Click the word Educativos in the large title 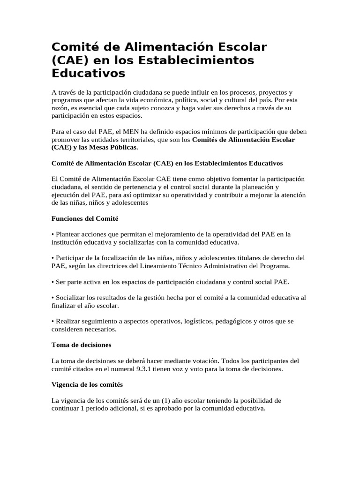click(88, 74)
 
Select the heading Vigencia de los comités click(87, 384)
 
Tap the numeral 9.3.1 click(142, 369)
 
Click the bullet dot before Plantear click(52, 234)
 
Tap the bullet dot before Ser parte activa click(52, 282)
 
